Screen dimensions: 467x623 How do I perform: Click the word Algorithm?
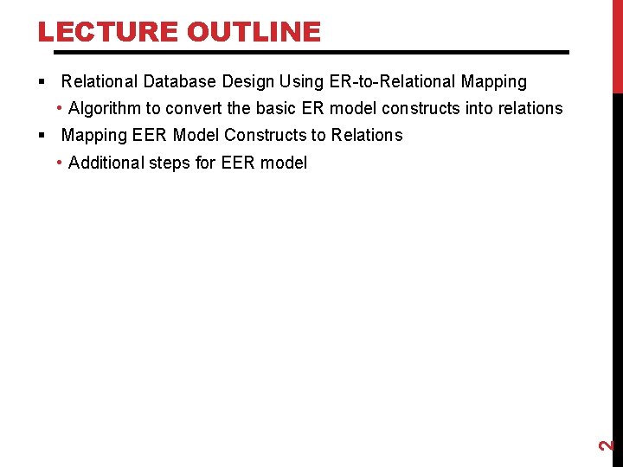(x=106, y=109)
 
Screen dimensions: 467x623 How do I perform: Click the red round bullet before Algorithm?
(x=58, y=109)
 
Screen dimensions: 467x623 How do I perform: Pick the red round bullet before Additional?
(x=58, y=163)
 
